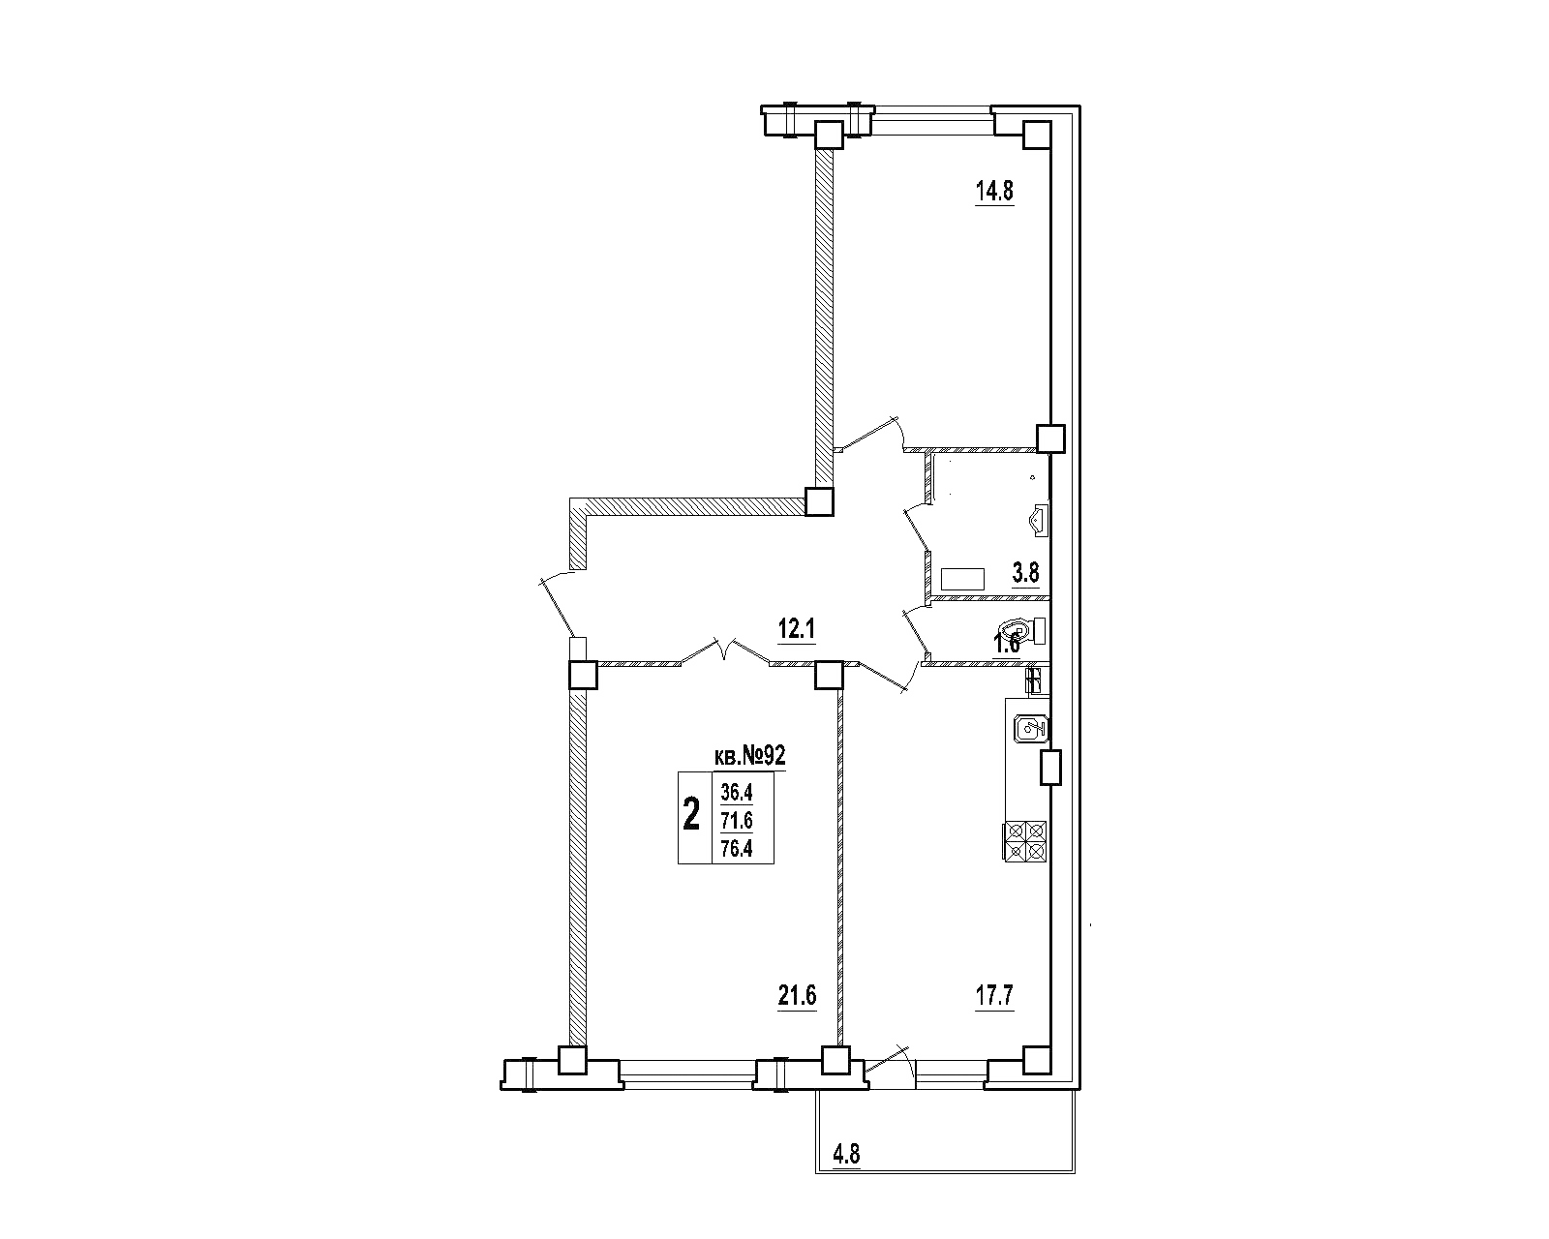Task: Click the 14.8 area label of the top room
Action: [x=995, y=192]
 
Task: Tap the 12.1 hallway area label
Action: [x=796, y=630]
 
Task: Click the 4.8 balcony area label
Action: [x=846, y=1155]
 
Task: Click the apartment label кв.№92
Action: [x=749, y=756]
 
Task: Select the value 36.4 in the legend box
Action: [x=737, y=793]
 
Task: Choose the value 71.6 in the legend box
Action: [x=737, y=820]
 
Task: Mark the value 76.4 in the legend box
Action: [x=737, y=849]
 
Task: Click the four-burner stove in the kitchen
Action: [x=1024, y=841]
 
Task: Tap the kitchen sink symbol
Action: [x=1031, y=729]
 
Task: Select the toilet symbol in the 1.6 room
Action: [x=1023, y=631]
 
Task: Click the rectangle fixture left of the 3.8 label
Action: [x=962, y=580]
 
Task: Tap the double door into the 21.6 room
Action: [x=725, y=650]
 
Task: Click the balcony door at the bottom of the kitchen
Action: [x=891, y=1064]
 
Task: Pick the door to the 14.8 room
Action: [x=868, y=434]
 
